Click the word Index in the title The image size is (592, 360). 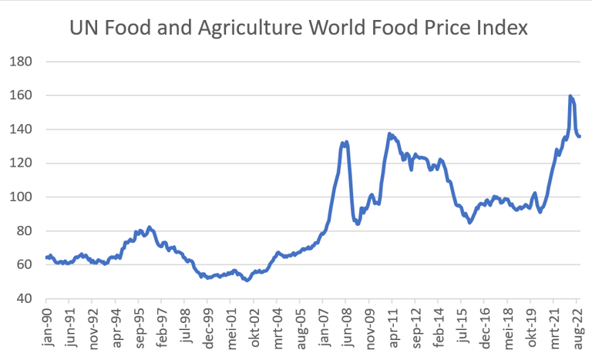(x=503, y=29)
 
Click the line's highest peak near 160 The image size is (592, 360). (x=570, y=96)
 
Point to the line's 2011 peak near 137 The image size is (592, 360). (x=390, y=133)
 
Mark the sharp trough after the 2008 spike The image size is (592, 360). (x=358, y=224)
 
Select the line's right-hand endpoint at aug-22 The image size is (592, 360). (x=580, y=136)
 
